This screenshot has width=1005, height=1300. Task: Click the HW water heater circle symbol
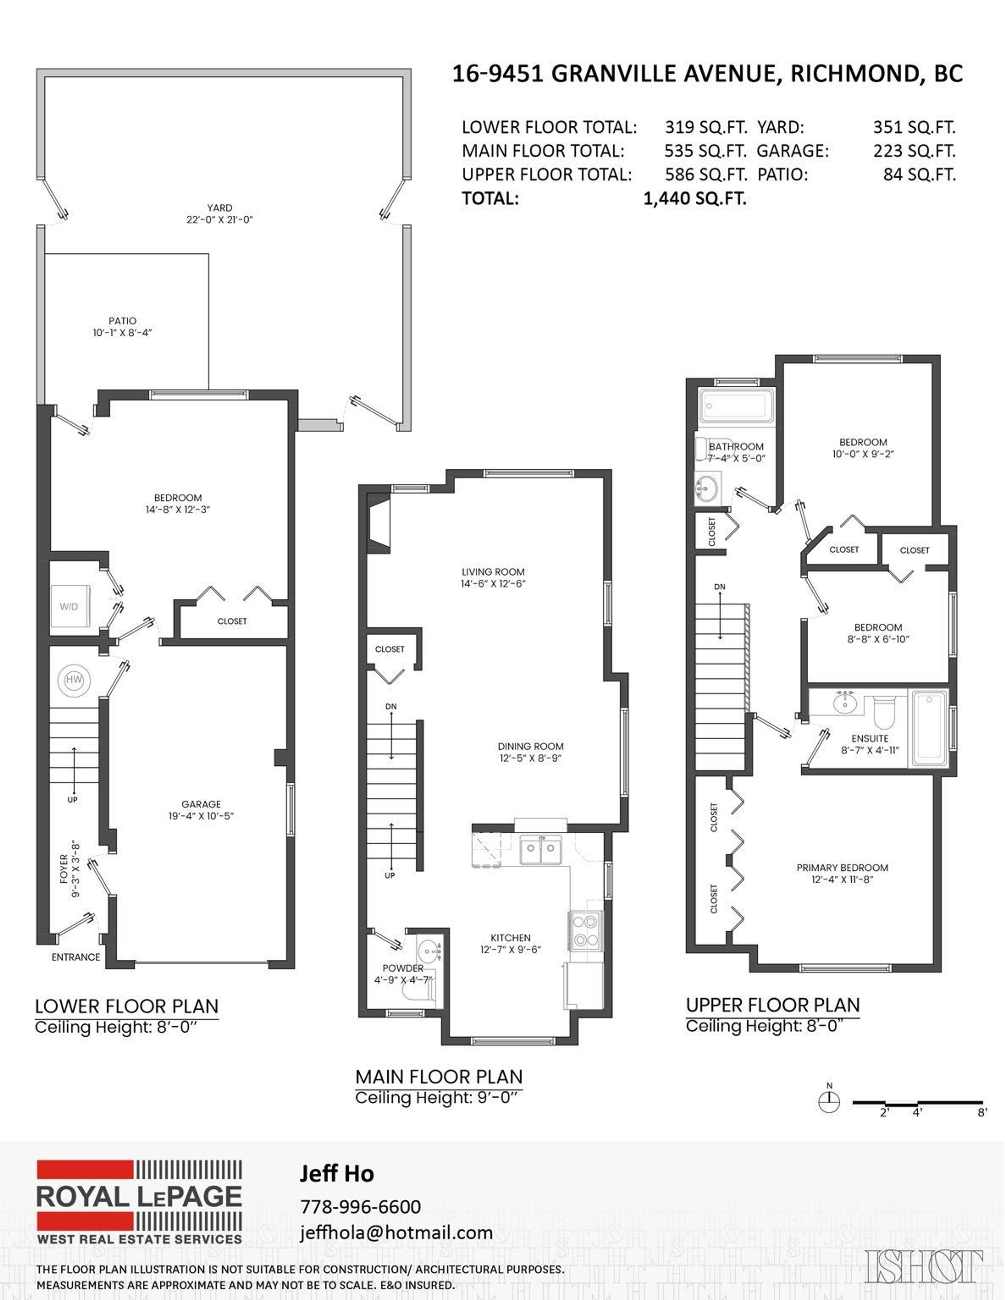tap(74, 680)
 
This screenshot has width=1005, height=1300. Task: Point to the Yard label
tap(220, 208)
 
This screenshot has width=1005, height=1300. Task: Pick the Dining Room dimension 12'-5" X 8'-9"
tap(531, 758)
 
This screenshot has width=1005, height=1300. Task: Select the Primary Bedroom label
tap(842, 868)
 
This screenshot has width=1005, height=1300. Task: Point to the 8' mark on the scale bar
tap(982, 1112)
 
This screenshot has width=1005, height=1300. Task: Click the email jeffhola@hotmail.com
tap(396, 1232)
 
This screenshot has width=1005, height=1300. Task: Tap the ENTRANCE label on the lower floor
tap(76, 957)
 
